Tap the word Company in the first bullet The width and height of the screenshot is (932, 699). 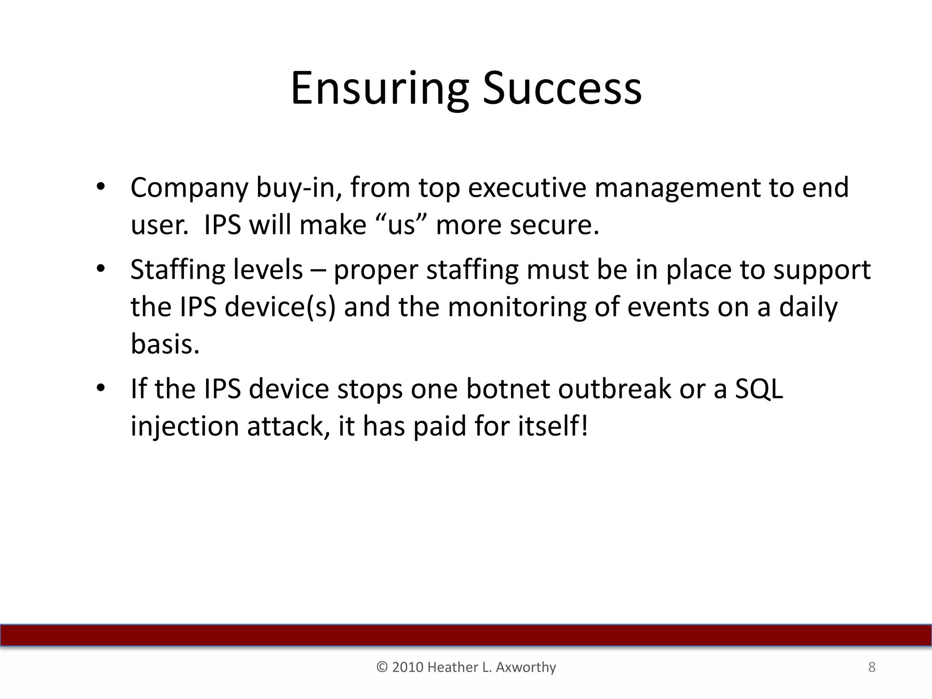coord(189,188)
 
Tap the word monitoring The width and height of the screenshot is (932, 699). coord(517,308)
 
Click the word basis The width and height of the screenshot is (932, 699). coord(165,344)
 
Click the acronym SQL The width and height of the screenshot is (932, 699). coord(759,390)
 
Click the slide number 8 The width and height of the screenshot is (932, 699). coord(871,667)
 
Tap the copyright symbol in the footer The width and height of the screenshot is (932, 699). coord(382,667)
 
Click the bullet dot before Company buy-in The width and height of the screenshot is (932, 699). coord(101,187)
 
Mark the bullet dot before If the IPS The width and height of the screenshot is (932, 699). coord(101,388)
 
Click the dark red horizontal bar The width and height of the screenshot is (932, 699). coord(466,635)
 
